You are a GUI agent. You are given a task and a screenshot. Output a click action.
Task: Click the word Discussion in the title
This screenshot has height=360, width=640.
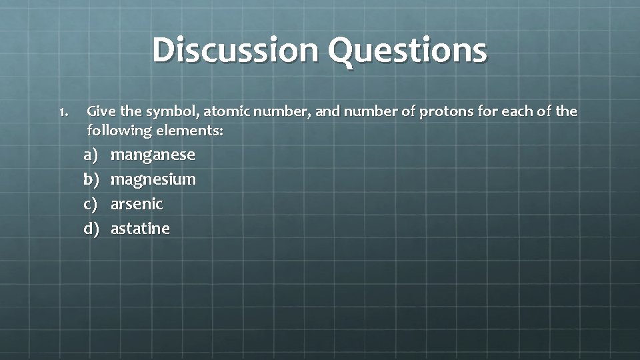pyautogui.click(x=235, y=50)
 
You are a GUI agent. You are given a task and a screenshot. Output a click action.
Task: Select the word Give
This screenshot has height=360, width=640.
pyautogui.click(x=100, y=111)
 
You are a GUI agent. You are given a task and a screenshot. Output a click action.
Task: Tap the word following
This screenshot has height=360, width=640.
pyautogui.click(x=115, y=131)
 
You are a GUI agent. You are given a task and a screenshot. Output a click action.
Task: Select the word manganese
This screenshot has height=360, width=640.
pyautogui.click(x=153, y=155)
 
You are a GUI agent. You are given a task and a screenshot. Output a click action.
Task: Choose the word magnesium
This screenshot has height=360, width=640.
pyautogui.click(x=153, y=180)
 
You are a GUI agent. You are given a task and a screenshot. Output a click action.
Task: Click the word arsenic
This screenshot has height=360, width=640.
pyautogui.click(x=137, y=203)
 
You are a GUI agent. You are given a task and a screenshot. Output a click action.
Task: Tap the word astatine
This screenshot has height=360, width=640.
pyautogui.click(x=140, y=229)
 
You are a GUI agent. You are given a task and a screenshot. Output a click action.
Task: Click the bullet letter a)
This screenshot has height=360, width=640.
pyautogui.click(x=91, y=155)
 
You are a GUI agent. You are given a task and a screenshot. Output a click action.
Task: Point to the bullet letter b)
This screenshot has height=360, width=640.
pyautogui.click(x=91, y=179)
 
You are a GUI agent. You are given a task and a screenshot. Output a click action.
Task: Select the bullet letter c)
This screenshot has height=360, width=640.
pyautogui.click(x=91, y=204)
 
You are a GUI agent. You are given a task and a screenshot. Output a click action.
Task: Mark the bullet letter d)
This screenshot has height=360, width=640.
pyautogui.click(x=91, y=229)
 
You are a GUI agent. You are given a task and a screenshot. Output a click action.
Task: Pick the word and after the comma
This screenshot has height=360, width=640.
pyautogui.click(x=327, y=111)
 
